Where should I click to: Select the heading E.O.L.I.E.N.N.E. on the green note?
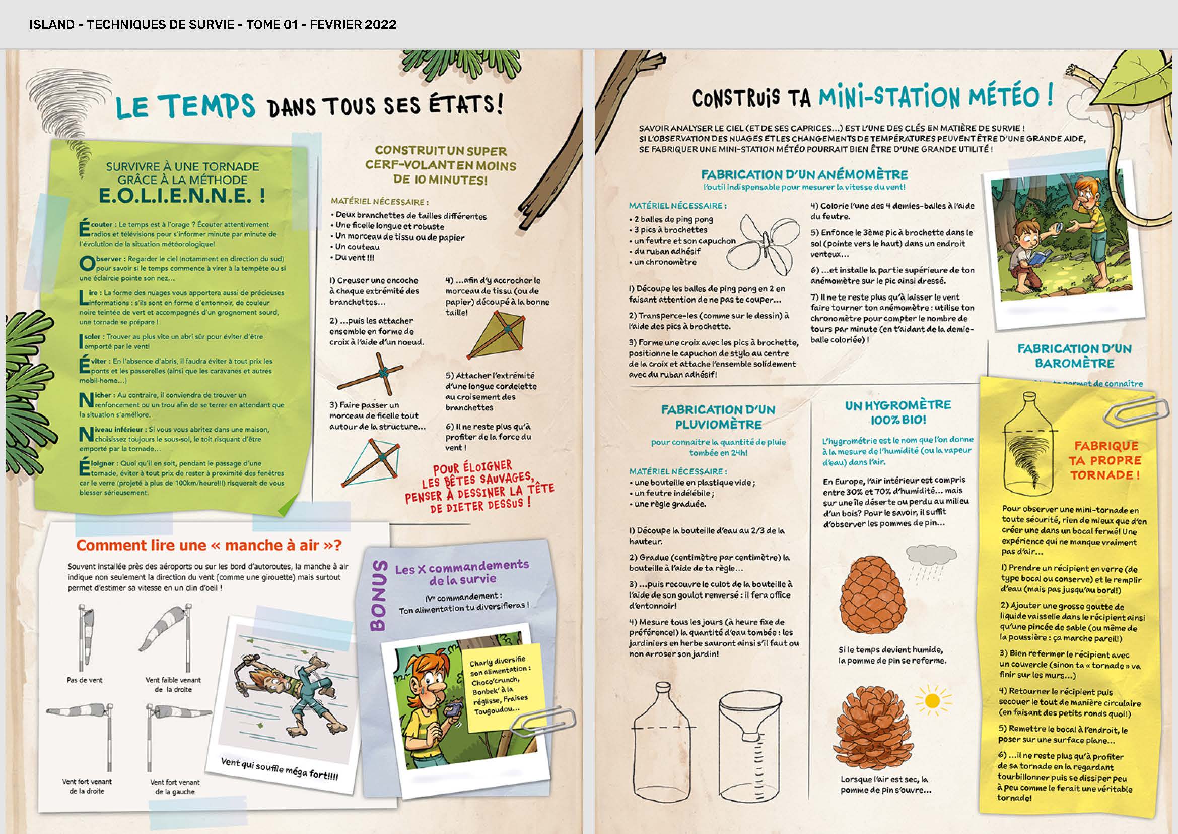pyautogui.click(x=182, y=196)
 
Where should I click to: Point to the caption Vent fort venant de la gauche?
pyautogui.click(x=175, y=786)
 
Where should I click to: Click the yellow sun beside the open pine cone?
pyautogui.click(x=931, y=701)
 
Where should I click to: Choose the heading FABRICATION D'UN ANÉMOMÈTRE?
pyautogui.click(x=804, y=174)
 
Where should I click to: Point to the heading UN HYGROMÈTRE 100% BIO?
pyautogui.click(x=898, y=412)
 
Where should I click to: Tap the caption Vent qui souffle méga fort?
pyautogui.click(x=280, y=769)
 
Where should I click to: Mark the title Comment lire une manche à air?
pyautogui.click(x=209, y=545)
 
